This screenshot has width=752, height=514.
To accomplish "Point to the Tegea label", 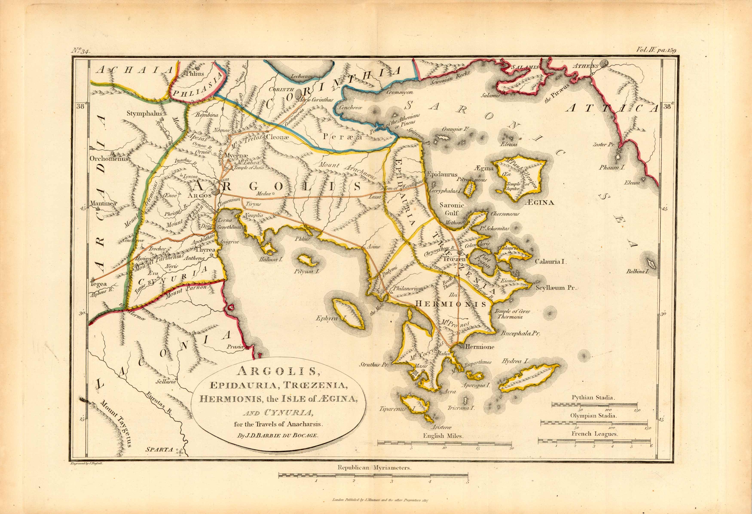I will pyautogui.click(x=98, y=284).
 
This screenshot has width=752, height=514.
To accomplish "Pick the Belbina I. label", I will pyautogui.click(x=637, y=272).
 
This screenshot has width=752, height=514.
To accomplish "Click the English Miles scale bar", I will pyautogui.click(x=444, y=443).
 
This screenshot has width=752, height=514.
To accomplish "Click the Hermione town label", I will pyautogui.click(x=480, y=347).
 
